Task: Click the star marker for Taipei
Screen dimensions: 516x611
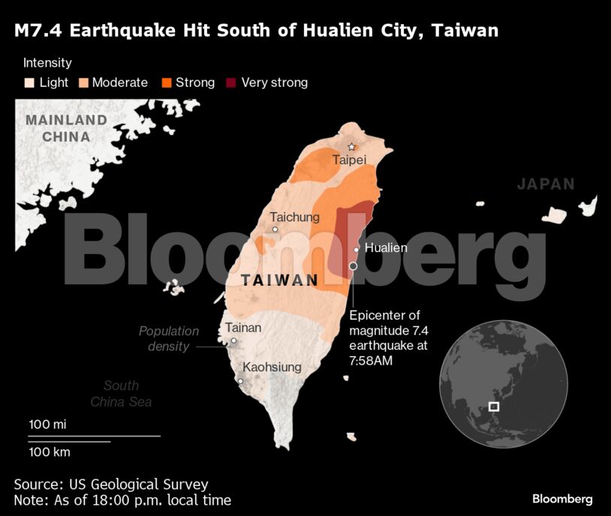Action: (351, 147)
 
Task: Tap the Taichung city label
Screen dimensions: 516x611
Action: (294, 217)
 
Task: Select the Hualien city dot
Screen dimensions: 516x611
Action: (357, 250)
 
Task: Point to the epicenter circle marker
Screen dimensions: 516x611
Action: (353, 266)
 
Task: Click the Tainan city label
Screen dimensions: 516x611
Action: (243, 327)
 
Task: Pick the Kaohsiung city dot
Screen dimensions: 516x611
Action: (240, 381)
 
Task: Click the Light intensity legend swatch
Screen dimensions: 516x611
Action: (29, 82)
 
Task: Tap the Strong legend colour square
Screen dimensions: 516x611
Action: (166, 82)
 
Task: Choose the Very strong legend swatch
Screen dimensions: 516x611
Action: (231, 82)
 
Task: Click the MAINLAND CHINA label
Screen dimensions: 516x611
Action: (66, 128)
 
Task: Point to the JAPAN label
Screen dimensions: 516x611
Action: (546, 184)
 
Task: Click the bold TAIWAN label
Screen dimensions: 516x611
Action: (279, 280)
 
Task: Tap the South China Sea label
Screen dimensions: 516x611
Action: (121, 394)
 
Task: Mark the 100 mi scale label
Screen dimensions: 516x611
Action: (48, 424)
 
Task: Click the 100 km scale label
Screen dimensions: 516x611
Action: (50, 451)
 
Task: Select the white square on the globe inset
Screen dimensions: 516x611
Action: (493, 406)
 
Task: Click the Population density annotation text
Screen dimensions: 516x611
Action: (169, 338)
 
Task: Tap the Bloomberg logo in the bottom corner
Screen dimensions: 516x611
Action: (562, 499)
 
